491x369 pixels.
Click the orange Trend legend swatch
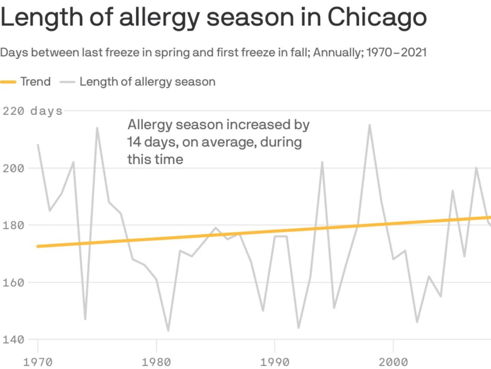8,82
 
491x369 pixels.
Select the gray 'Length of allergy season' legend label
147,82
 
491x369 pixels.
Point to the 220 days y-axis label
33,111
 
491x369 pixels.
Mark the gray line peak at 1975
97,128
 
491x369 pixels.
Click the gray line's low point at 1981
168,331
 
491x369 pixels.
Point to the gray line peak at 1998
370,125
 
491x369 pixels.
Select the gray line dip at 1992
299,328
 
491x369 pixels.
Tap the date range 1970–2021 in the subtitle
395,52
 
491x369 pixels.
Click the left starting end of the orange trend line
38,246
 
